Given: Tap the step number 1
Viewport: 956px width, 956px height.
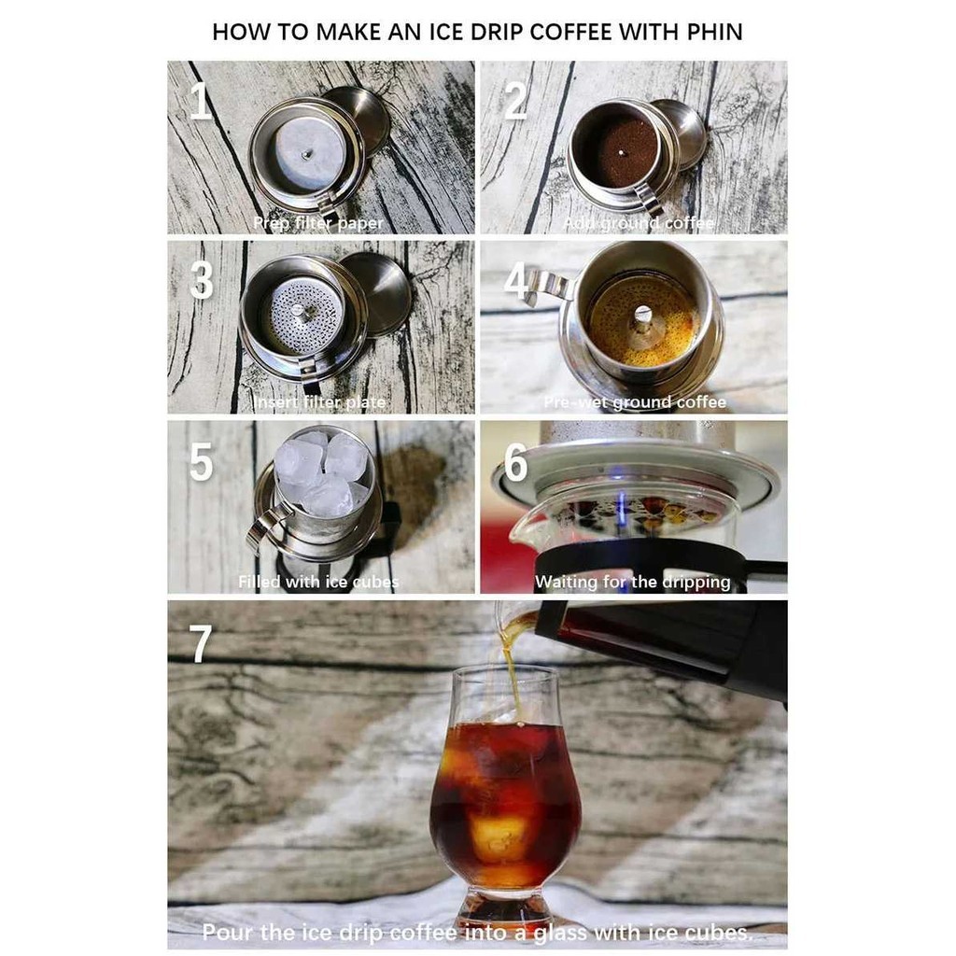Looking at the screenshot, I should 200,101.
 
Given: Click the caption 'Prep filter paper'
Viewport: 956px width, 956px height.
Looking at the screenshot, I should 317,224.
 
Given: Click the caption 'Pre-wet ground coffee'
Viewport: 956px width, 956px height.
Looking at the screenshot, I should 635,403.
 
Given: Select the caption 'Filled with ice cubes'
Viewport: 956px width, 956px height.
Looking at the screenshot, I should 317,582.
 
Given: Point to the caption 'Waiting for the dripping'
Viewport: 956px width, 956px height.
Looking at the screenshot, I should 632,582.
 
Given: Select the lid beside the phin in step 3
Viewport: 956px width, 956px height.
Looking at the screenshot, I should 379,291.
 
